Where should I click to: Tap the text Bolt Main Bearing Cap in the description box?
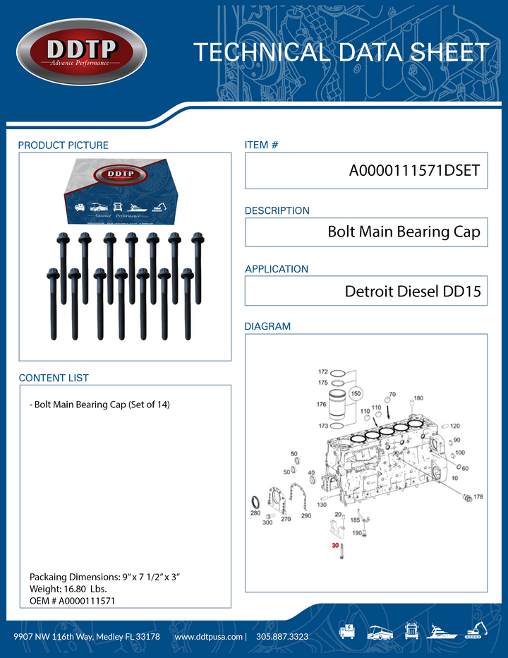coord(404,232)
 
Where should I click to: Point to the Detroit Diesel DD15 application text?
coord(413,291)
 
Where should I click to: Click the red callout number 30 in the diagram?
coord(335,545)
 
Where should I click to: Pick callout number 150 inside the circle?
coord(356,393)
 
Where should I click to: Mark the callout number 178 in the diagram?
coord(478,497)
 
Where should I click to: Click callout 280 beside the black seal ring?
coord(255,514)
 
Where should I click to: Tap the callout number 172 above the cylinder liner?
coord(323,371)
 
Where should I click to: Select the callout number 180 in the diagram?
coord(418,398)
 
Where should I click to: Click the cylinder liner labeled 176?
coord(338,406)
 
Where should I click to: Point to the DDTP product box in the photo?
coord(120,187)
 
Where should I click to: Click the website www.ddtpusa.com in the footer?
coord(209,636)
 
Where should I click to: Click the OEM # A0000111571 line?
coord(72,600)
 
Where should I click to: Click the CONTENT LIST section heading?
coord(54,378)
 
